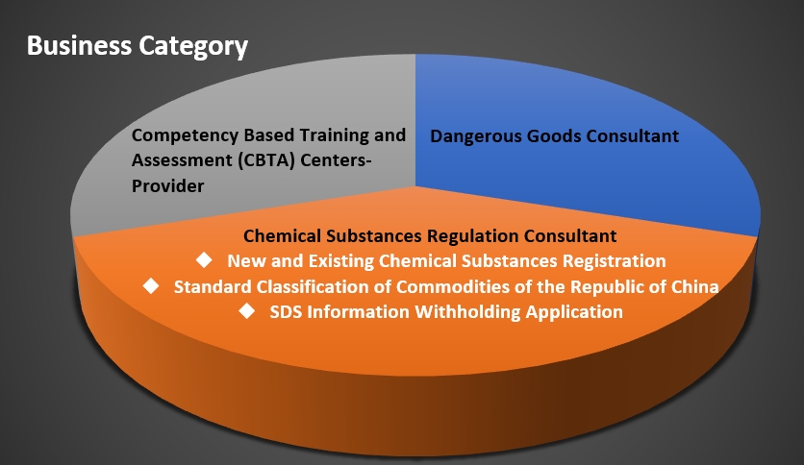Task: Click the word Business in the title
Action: (x=80, y=45)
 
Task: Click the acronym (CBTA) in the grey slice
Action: (x=266, y=160)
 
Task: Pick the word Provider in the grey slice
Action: (x=167, y=185)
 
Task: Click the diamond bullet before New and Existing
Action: (x=204, y=260)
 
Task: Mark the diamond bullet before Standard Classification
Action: (x=151, y=285)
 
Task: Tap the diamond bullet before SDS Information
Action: (x=246, y=311)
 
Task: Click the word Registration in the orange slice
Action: (x=615, y=261)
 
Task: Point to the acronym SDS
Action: (x=287, y=312)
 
